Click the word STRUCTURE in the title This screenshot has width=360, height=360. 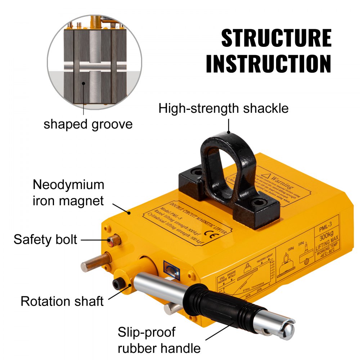click(x=276, y=38)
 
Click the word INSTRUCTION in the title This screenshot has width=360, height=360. click(x=268, y=64)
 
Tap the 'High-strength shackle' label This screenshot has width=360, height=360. click(x=224, y=108)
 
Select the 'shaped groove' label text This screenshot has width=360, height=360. click(x=88, y=124)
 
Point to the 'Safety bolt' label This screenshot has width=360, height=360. click(x=45, y=239)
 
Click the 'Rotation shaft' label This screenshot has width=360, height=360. click(x=62, y=301)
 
